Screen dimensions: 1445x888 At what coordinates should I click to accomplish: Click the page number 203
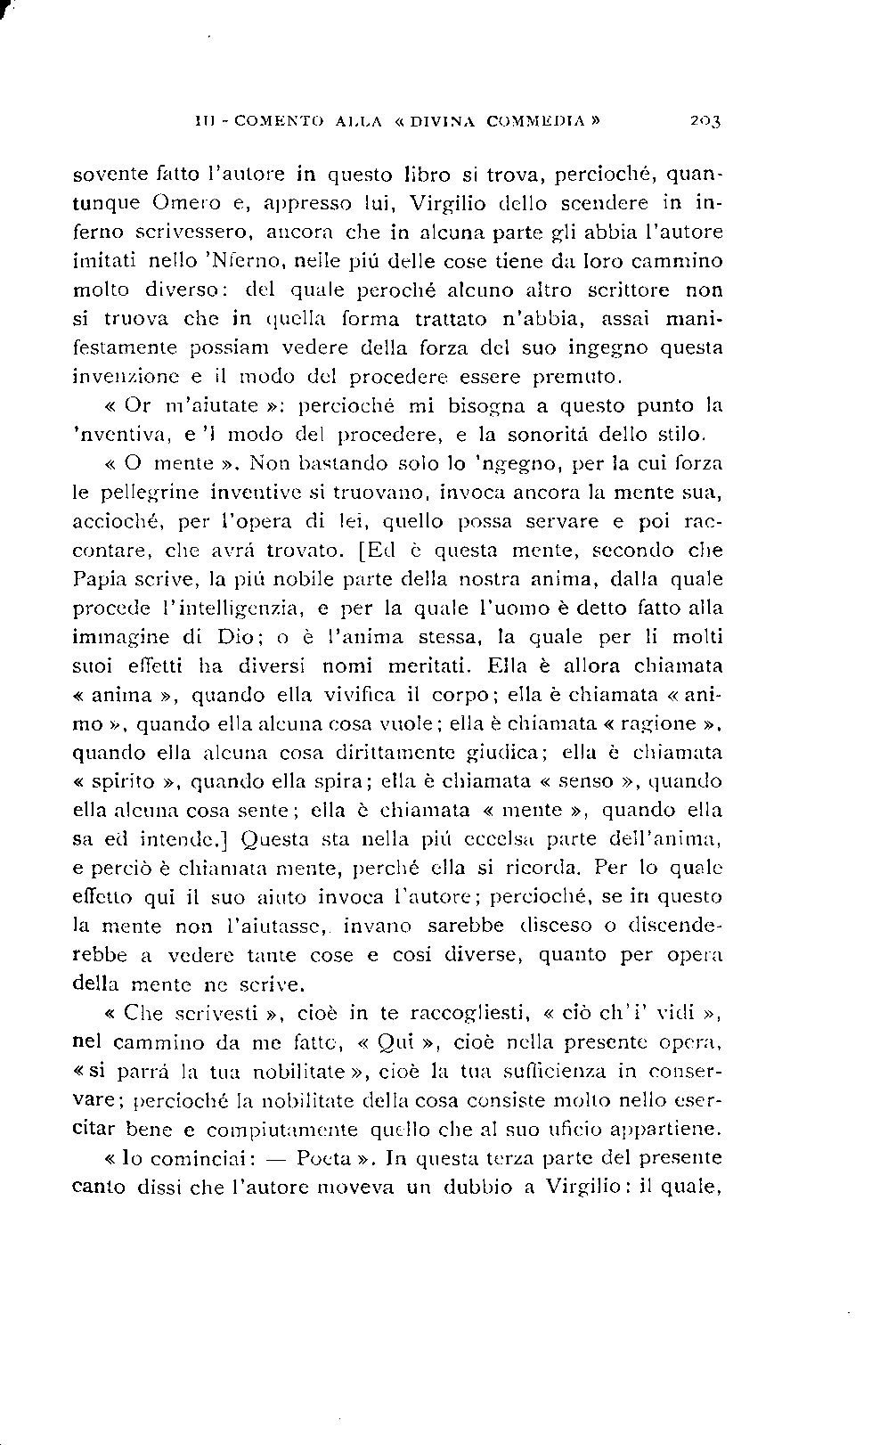tap(704, 119)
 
